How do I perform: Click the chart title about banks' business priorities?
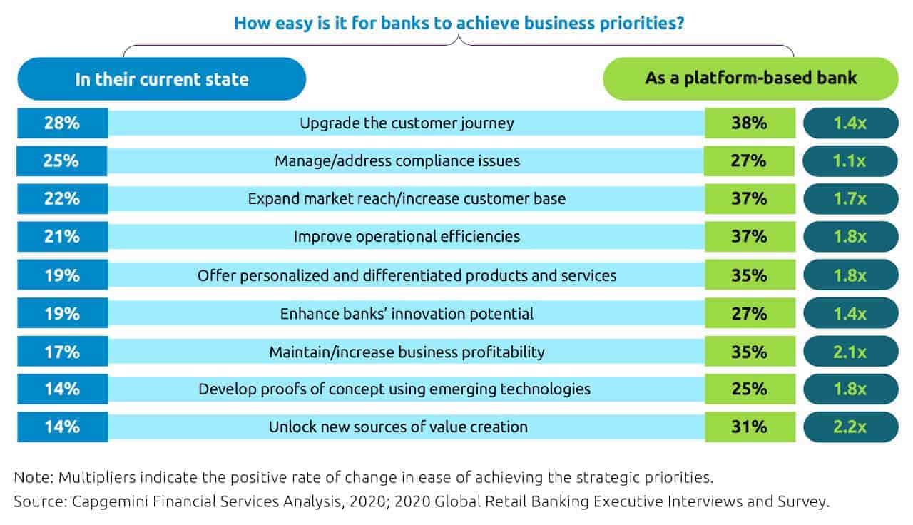tap(459, 24)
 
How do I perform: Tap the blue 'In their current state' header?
tap(162, 78)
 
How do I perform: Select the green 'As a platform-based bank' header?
tap(751, 78)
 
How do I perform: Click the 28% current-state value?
tap(62, 123)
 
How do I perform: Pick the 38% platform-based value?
tap(750, 123)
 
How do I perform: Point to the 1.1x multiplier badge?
tap(850, 161)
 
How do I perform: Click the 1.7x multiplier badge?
tap(851, 199)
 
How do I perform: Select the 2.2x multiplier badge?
tap(851, 427)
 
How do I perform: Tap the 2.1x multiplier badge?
tap(851, 352)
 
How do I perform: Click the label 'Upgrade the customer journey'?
tap(407, 123)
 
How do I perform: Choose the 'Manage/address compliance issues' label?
tap(397, 161)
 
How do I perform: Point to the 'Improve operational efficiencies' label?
tap(407, 236)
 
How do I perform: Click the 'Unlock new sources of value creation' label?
tap(398, 427)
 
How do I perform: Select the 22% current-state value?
tap(62, 199)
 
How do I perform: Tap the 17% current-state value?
tap(62, 352)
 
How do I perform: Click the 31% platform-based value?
tap(750, 427)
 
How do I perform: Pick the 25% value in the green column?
tap(750, 389)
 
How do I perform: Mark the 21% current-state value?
tap(62, 236)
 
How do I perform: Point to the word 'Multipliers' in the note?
tap(96, 478)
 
